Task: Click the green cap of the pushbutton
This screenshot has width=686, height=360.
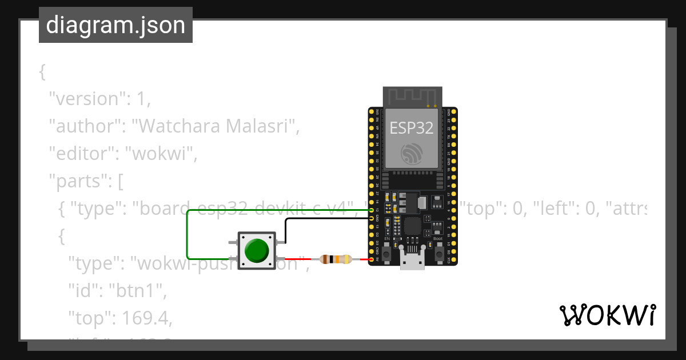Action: (257, 250)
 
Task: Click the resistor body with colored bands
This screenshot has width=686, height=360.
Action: (336, 259)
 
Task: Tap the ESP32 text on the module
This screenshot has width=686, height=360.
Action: (412, 127)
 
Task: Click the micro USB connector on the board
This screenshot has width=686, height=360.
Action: (412, 261)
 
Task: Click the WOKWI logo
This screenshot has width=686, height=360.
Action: (607, 315)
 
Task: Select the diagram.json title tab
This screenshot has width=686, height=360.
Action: (115, 26)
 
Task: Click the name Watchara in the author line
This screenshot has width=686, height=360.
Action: (178, 126)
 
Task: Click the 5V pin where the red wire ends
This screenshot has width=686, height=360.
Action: (372, 260)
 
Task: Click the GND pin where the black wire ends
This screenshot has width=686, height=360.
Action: (372, 218)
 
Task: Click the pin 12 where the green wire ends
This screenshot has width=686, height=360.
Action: (372, 210)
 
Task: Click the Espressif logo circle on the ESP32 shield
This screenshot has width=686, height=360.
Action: (412, 154)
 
